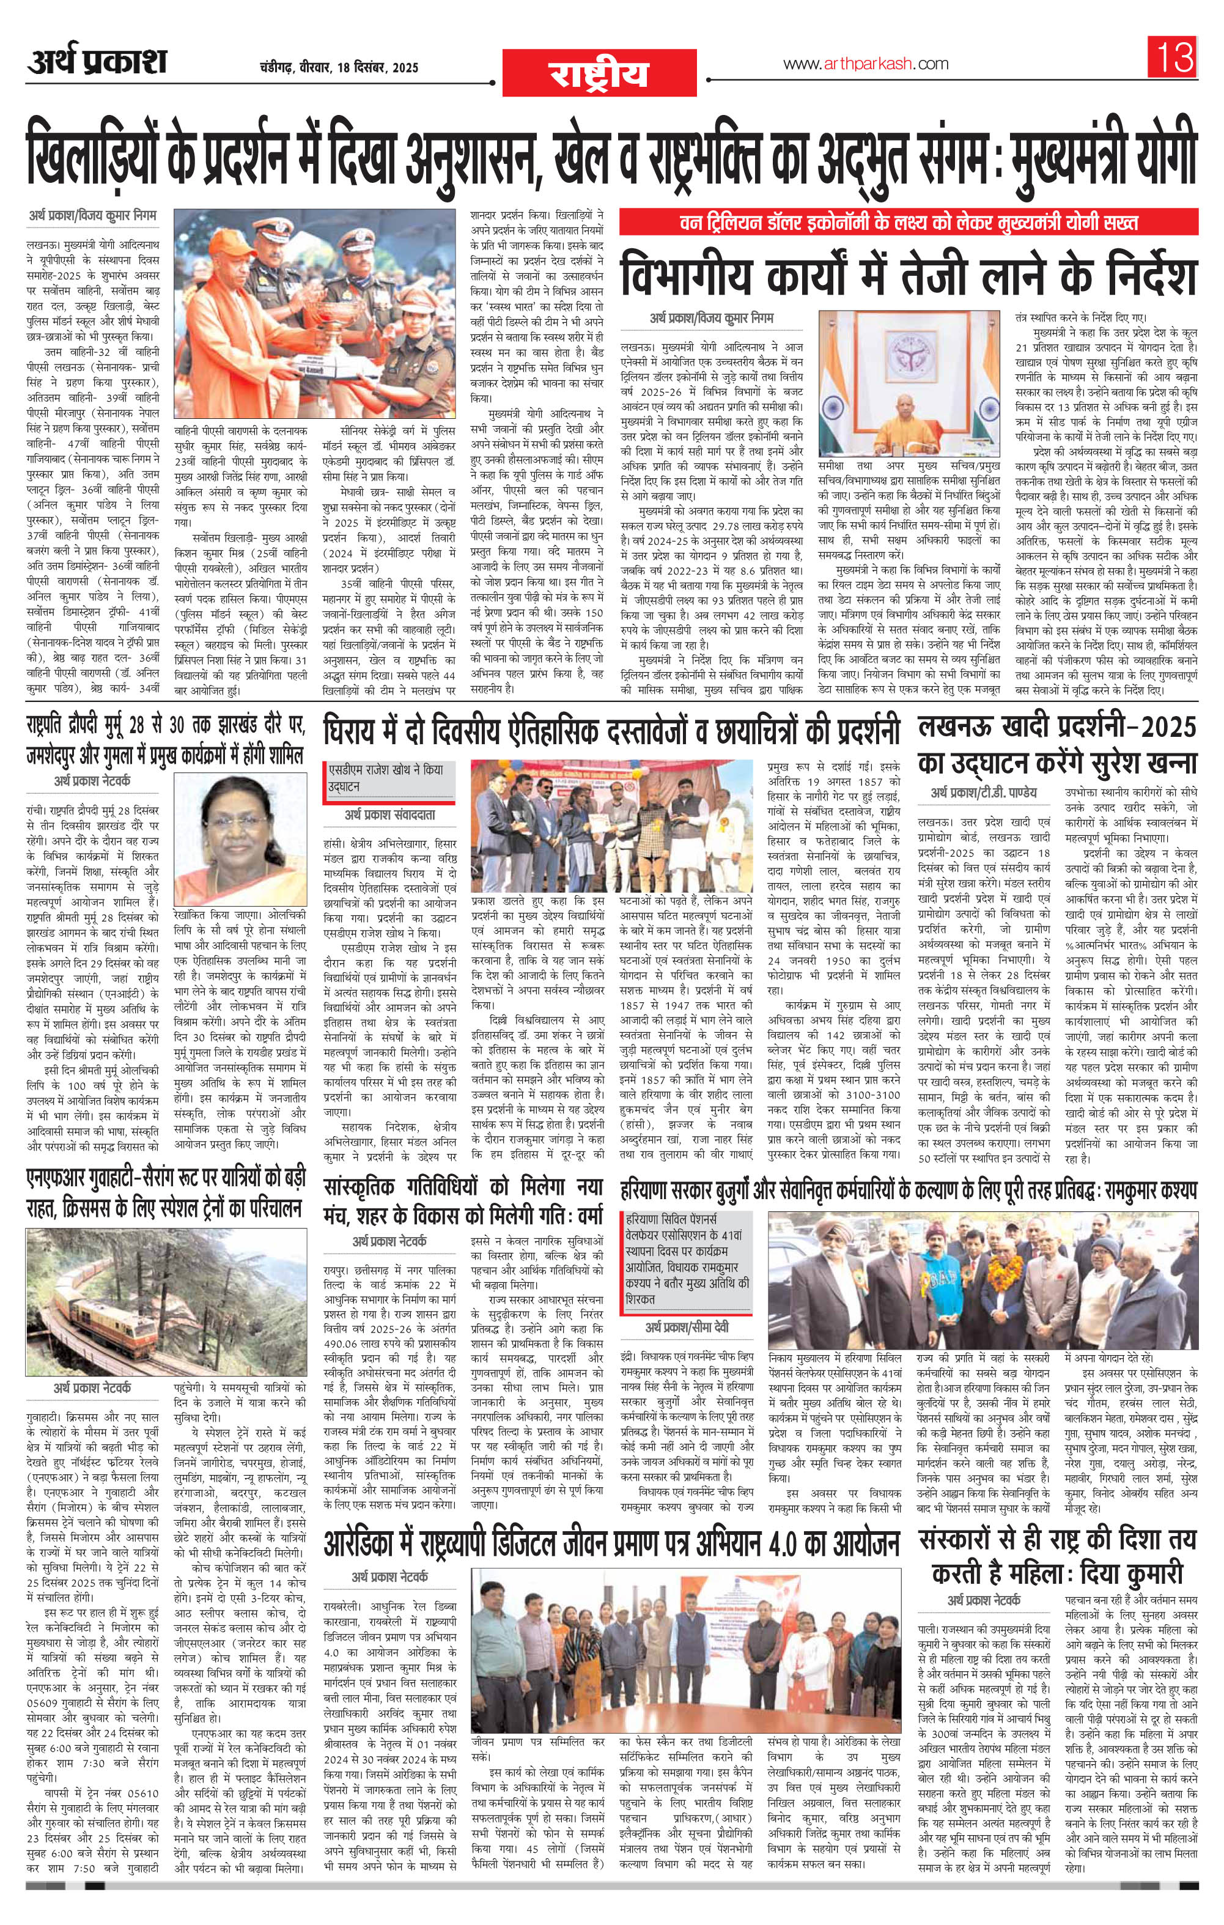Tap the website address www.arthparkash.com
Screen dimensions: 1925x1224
point(854,64)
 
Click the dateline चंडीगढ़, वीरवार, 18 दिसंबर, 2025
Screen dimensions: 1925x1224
point(339,67)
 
